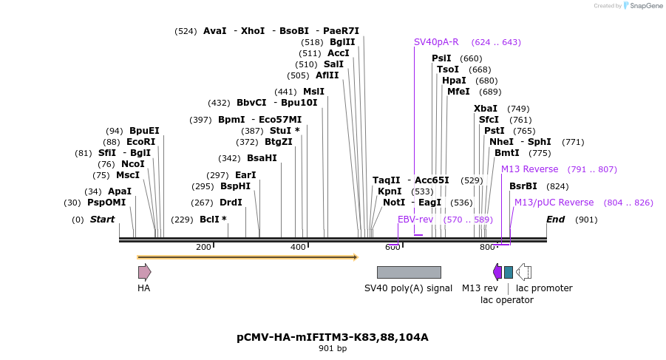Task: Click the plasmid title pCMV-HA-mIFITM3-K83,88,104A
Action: pos(333,337)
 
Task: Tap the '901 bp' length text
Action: pos(333,348)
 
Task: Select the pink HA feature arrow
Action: pos(144,272)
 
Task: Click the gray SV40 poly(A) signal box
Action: pos(409,272)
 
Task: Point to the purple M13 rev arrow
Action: pos(497,272)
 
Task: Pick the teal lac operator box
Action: pos(509,272)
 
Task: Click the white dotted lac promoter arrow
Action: pos(523,272)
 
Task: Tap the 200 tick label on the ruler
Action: pos(203,247)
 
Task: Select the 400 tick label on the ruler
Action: pos(298,247)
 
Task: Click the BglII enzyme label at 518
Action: pos(342,42)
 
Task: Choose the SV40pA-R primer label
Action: pos(436,42)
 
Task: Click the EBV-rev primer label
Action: pos(415,220)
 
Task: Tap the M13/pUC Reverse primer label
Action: pos(554,203)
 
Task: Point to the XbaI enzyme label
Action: pos(486,109)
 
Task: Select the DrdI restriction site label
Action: pos(231,203)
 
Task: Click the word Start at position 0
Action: pos(103,220)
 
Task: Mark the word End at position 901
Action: pos(555,220)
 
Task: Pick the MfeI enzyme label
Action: pos(458,92)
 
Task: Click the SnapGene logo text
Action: pos(645,6)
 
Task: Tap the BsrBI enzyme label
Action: pos(523,186)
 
